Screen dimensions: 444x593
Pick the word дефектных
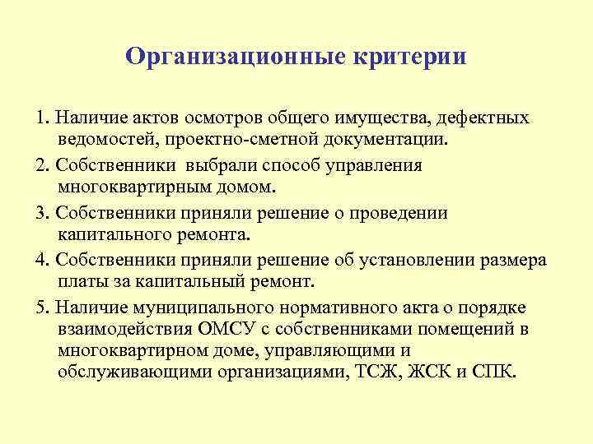tap(485, 118)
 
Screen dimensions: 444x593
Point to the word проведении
tap(400, 212)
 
